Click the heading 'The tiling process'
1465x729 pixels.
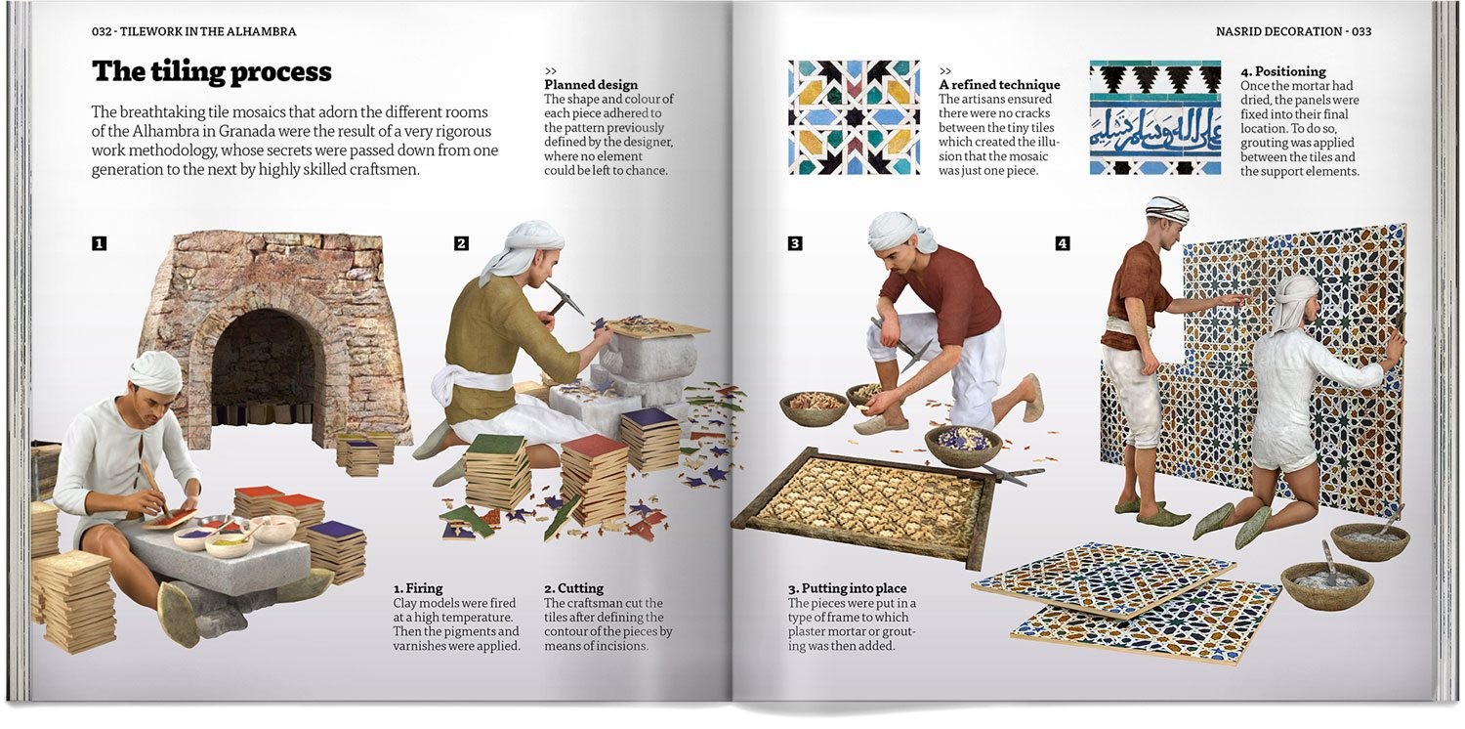coord(212,71)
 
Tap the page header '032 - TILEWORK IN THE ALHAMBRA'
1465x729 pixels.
coord(193,31)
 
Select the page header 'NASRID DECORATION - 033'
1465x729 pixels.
coord(1293,31)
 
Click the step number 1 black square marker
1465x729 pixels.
coord(99,243)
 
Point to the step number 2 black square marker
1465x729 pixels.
coord(461,243)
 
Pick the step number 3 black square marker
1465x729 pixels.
coord(795,243)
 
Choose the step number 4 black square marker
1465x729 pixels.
coord(1063,243)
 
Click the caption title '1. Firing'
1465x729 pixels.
coord(418,588)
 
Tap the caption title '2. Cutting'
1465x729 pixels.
coord(573,588)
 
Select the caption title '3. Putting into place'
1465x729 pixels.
coord(847,588)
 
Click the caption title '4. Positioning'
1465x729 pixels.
coord(1282,71)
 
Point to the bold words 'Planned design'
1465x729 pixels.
coord(591,85)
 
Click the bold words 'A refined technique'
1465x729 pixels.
coord(999,85)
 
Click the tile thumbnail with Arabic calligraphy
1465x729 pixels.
coord(1154,117)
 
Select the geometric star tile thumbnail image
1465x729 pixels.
coord(854,117)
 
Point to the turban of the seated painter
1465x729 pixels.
coord(156,371)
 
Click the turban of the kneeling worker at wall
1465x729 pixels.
coord(1296,290)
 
